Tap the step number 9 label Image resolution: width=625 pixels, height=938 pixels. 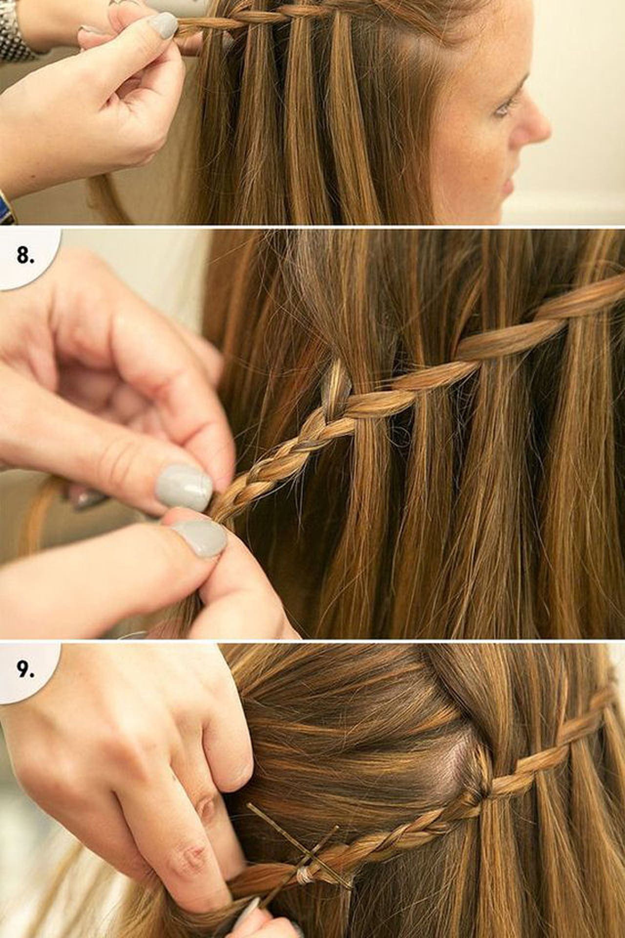tap(25, 671)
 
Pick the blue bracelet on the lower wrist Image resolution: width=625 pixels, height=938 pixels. tap(7, 205)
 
